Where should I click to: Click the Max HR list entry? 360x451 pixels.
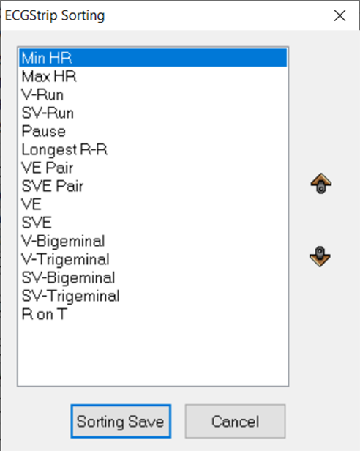coord(49,76)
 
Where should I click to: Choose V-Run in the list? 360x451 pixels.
coord(42,94)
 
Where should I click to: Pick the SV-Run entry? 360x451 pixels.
coord(48,113)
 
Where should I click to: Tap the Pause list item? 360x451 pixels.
coord(44,132)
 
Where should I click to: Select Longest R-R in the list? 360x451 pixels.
coord(64,150)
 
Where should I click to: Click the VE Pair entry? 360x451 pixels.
coord(48,168)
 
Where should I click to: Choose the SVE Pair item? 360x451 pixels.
coord(53,187)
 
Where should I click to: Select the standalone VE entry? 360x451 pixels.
coord(31,204)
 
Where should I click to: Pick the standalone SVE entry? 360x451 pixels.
coord(37,223)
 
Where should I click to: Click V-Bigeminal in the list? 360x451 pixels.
coord(63,242)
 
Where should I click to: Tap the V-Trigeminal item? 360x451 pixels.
coord(66,260)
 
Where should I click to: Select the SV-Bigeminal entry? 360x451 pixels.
coord(69,278)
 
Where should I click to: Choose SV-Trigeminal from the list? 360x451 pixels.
coord(71,297)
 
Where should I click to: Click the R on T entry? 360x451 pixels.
coord(45,314)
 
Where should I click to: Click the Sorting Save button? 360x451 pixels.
coord(121,422)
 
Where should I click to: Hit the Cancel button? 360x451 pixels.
coord(235,422)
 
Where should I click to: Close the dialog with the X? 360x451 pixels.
coord(340,15)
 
